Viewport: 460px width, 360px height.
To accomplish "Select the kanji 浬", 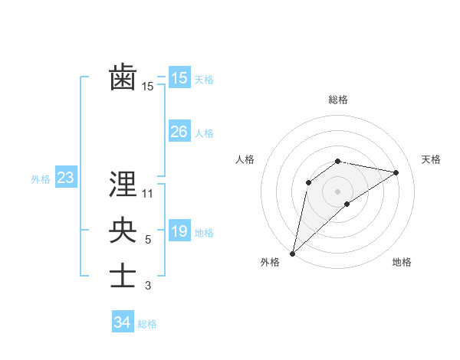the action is click(x=123, y=184).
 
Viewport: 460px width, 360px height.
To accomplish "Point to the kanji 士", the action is click(x=123, y=276).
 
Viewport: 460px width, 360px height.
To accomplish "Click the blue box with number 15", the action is click(x=179, y=77).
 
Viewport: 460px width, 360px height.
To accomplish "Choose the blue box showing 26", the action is click(x=179, y=132).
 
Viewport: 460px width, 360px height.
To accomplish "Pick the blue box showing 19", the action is click(x=179, y=231).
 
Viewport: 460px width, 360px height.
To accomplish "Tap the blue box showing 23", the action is click(x=65, y=178).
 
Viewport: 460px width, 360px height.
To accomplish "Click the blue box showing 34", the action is click(x=122, y=322).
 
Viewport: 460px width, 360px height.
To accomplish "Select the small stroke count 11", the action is click(x=148, y=194).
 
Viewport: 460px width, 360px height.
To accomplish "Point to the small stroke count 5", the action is click(x=148, y=240).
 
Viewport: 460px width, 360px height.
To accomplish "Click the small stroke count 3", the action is click(x=148, y=286).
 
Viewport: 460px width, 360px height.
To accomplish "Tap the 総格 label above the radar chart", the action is click(x=338, y=100).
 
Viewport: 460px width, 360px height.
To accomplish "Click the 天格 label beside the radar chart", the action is click(x=432, y=159).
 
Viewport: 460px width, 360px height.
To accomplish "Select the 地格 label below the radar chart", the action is click(x=402, y=263).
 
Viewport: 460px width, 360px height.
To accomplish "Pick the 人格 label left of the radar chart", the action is click(x=245, y=159).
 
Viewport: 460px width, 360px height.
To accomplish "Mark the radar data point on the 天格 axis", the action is click(x=396, y=172).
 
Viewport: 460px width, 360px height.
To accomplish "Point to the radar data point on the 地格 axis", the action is click(x=347, y=204).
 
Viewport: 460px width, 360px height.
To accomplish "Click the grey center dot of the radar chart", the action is click(x=338, y=191).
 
